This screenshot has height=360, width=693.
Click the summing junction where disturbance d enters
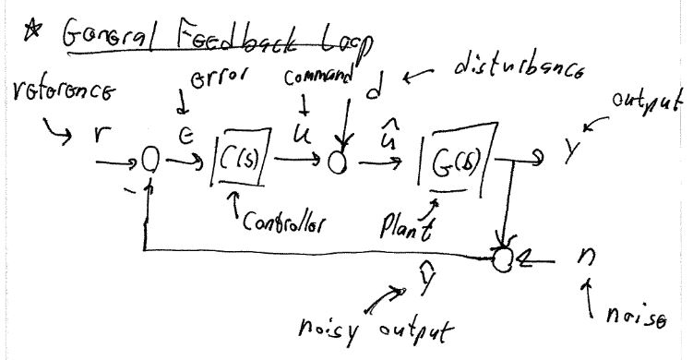338,162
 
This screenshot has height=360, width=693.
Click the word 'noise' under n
638,319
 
